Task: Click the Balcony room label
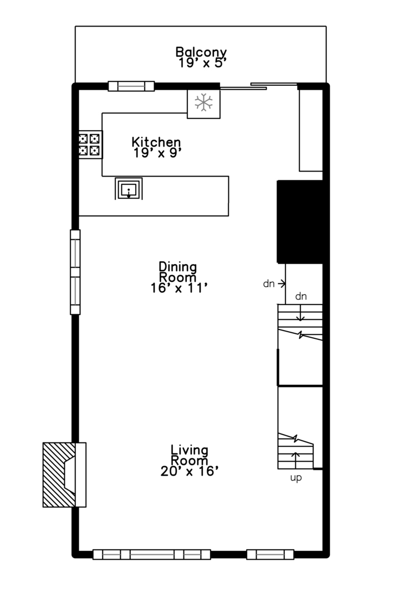point(201,52)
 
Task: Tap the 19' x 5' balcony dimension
point(202,63)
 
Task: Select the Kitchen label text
point(156,142)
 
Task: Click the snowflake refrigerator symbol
point(204,102)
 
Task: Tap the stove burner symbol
point(90,145)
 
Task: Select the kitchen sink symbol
point(129,188)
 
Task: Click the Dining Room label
point(178,271)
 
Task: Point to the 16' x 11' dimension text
point(179,288)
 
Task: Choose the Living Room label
point(189,455)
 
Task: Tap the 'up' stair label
point(296,478)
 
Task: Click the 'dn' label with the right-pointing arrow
point(269,283)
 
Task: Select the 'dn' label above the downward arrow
point(301,297)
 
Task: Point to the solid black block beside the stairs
point(299,221)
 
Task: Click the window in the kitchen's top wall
point(131,86)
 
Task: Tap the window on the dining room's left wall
point(75,272)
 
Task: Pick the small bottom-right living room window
point(270,554)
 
